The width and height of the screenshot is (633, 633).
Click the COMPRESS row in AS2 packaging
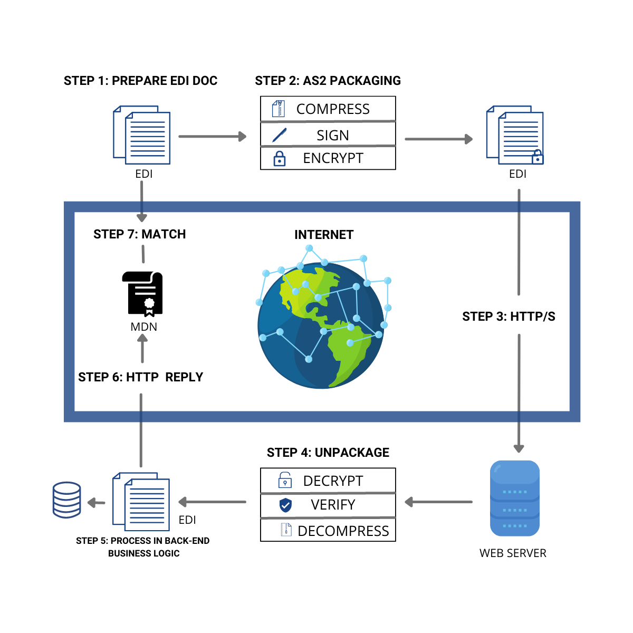point(328,109)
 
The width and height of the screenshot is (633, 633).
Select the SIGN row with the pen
point(328,135)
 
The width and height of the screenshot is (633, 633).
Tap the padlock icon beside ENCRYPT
point(280,158)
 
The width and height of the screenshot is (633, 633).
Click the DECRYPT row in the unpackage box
point(328,481)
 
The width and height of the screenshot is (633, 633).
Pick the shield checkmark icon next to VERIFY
point(285,505)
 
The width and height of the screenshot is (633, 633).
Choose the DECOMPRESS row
point(328,530)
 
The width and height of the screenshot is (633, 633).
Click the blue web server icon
point(515,498)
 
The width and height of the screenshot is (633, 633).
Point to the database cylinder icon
point(67,500)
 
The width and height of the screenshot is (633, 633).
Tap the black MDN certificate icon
point(142,294)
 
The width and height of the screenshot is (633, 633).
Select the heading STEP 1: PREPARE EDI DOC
point(140,81)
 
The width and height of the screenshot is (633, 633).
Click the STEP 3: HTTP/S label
point(509,316)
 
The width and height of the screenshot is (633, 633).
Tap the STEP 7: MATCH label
point(139,234)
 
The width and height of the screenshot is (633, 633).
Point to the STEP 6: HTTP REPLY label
point(140,377)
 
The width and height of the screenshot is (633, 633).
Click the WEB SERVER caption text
point(513,553)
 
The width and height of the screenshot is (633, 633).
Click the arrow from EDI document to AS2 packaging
point(212,137)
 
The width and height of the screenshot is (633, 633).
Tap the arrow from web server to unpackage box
point(438,502)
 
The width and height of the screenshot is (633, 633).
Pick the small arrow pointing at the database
point(96,503)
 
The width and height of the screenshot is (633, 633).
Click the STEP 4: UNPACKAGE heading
point(328,453)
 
